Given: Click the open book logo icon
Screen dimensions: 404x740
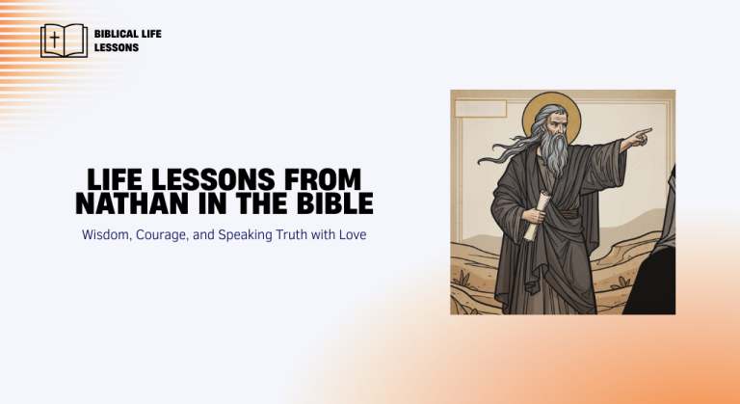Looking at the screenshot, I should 64,40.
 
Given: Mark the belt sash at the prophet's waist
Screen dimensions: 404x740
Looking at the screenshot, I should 568,213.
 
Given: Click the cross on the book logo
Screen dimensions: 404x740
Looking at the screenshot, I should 54,40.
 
